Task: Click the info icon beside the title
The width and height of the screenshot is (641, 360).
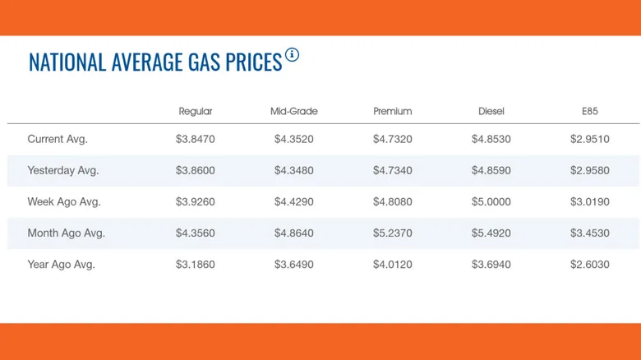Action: click(292, 54)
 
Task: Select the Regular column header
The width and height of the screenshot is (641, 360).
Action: click(196, 111)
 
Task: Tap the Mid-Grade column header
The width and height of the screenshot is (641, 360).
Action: click(294, 111)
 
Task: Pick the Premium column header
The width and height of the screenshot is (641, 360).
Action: click(393, 111)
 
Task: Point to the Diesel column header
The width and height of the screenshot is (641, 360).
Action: click(491, 111)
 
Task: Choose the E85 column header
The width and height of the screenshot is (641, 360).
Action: click(590, 111)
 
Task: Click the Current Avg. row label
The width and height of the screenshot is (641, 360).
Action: click(58, 139)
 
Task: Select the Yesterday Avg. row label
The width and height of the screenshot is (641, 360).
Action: click(63, 171)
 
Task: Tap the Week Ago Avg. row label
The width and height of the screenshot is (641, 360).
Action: click(64, 201)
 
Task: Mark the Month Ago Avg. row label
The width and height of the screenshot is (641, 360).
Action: click(67, 233)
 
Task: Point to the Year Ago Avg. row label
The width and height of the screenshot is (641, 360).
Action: click(61, 265)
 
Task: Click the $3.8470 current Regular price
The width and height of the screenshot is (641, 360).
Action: click(196, 139)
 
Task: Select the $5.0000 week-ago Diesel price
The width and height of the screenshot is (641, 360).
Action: click(491, 201)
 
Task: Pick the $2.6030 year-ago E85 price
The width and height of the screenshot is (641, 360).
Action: click(590, 265)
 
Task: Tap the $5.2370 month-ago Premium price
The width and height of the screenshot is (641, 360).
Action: click(393, 233)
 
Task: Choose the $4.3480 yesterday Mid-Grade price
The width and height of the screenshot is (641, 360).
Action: click(294, 171)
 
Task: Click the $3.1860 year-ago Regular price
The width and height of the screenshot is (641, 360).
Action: click(196, 265)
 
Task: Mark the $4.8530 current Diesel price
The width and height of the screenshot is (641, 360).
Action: click(491, 139)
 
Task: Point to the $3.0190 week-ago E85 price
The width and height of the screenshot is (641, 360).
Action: click(590, 201)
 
